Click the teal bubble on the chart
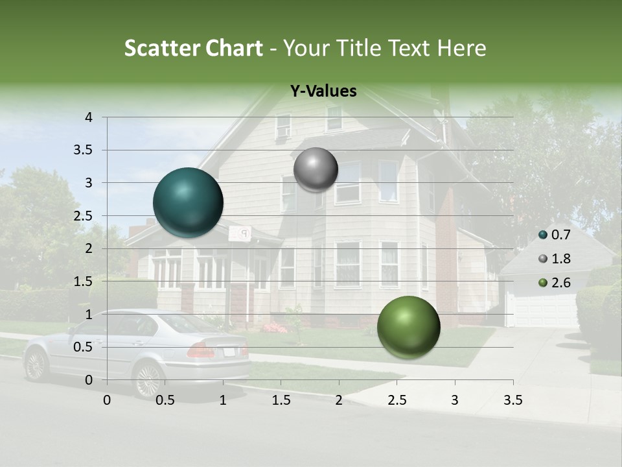[188, 202]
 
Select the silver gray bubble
[316, 169]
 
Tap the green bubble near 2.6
[408, 327]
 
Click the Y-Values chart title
[323, 91]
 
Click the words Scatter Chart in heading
[193, 48]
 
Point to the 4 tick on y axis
[89, 117]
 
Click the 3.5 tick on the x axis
[513, 400]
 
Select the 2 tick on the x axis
[339, 400]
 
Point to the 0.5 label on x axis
[165, 400]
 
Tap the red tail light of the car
[200, 351]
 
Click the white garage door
[543, 311]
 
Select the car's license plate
[229, 352]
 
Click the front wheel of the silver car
[36, 366]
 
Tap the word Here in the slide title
[461, 48]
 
